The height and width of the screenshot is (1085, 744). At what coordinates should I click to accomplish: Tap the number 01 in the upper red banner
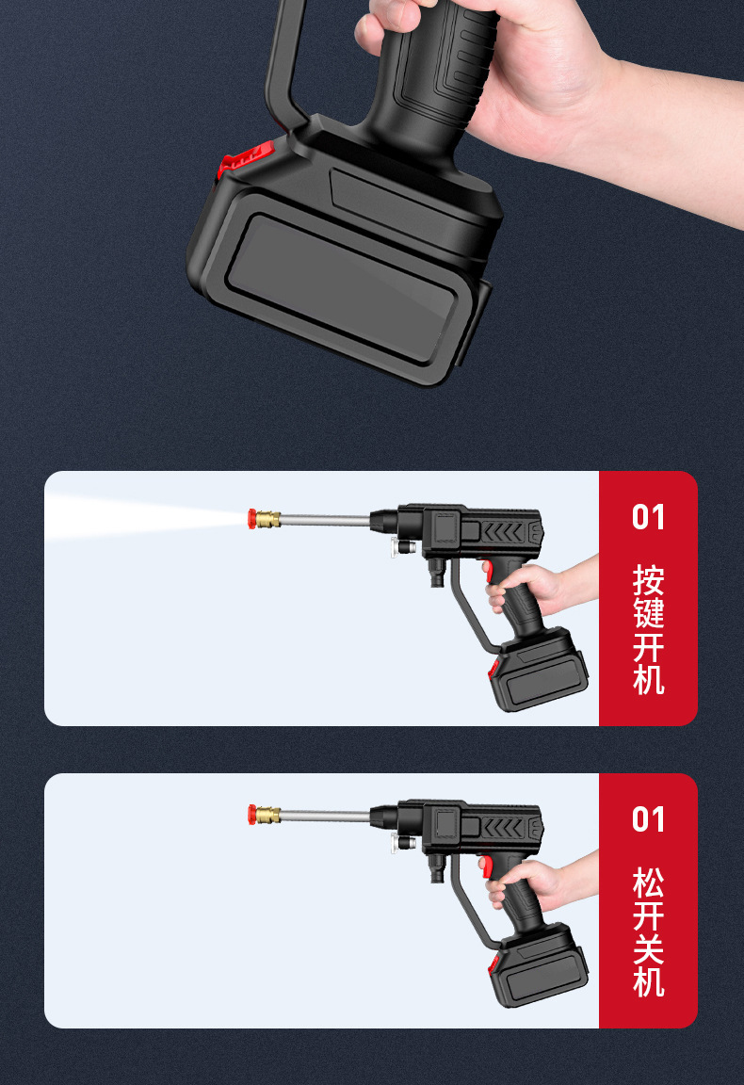(648, 517)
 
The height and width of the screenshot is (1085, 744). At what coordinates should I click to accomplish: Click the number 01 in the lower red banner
(648, 819)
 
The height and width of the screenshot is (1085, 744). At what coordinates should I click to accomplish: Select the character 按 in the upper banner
(648, 579)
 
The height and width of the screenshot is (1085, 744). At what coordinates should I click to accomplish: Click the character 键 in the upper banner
(648, 613)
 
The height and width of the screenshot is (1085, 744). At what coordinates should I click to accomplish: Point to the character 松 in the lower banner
(648, 883)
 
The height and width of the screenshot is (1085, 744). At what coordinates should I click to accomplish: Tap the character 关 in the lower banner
(648, 949)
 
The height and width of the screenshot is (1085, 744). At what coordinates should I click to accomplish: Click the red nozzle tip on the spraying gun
(252, 517)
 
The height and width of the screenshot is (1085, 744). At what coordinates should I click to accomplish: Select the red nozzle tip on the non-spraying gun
(252, 813)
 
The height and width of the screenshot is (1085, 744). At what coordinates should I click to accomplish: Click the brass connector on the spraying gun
(267, 517)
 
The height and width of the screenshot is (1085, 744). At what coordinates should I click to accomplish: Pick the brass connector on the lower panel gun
(267, 813)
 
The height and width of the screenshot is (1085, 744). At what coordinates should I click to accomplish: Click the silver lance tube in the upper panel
(325, 518)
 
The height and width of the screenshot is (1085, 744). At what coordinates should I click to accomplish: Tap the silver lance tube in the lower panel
(325, 814)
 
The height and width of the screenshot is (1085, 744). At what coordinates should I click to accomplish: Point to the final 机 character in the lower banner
(648, 982)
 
